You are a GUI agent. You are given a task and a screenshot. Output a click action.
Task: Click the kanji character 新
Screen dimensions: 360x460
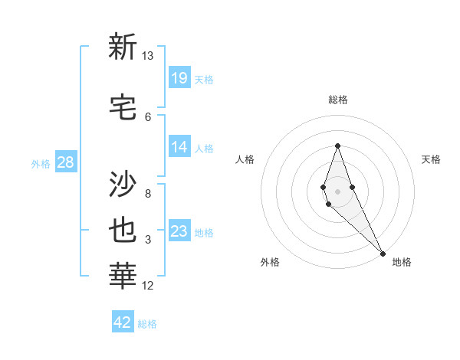[123, 47]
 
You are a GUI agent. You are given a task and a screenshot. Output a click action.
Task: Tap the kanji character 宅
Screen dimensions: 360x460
[123, 106]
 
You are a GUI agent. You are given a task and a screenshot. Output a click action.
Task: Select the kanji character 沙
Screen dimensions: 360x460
[123, 184]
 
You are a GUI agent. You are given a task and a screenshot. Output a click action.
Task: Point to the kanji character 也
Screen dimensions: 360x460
[123, 231]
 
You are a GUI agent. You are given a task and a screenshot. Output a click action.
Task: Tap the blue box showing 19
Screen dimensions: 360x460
[179, 77]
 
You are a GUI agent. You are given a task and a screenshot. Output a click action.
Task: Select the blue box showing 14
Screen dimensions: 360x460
[179, 147]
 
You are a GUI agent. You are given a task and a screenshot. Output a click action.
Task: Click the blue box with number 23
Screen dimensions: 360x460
[179, 231]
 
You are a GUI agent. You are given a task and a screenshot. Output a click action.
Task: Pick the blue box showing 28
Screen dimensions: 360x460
[65, 162]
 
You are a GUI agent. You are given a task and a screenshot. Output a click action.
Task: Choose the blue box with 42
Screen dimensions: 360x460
[123, 322]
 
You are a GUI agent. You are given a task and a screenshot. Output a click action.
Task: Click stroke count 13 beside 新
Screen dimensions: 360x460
[147, 57]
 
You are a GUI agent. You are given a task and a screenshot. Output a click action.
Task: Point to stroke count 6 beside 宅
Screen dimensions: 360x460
[148, 116]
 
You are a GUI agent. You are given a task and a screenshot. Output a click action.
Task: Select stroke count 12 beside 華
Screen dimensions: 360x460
[148, 286]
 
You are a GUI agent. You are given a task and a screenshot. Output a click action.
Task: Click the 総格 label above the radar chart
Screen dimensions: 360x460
[338, 100]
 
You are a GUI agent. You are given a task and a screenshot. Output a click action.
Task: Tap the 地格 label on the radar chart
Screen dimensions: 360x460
[402, 262]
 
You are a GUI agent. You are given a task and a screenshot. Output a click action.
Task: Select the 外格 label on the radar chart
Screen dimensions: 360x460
[270, 262]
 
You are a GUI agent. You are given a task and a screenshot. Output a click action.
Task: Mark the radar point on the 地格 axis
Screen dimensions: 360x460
[383, 253]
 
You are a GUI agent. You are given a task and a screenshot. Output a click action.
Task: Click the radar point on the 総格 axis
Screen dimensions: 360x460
[337, 146]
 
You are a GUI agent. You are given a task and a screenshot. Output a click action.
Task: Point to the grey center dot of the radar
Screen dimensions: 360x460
[337, 191]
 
